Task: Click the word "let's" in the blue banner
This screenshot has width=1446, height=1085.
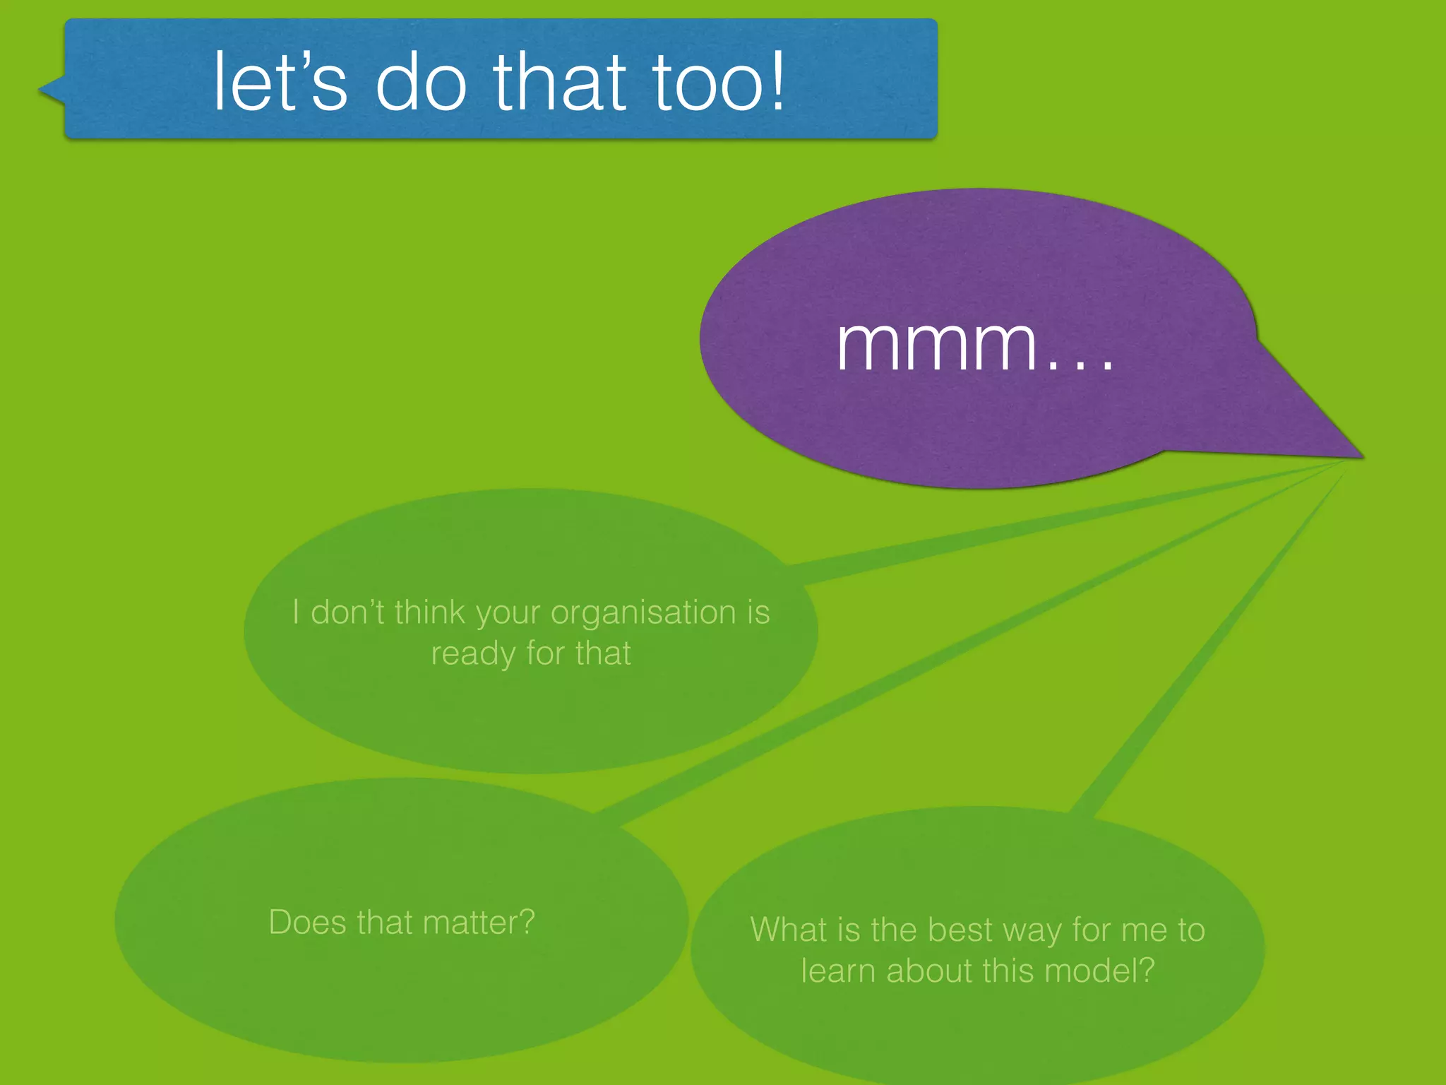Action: coord(280,82)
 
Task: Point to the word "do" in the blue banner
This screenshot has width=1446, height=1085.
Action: coord(421,82)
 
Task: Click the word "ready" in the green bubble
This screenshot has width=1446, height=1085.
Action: coord(472,654)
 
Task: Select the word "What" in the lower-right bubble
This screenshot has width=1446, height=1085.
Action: coord(788,930)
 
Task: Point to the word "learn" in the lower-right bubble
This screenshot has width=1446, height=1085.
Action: coord(837,971)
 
